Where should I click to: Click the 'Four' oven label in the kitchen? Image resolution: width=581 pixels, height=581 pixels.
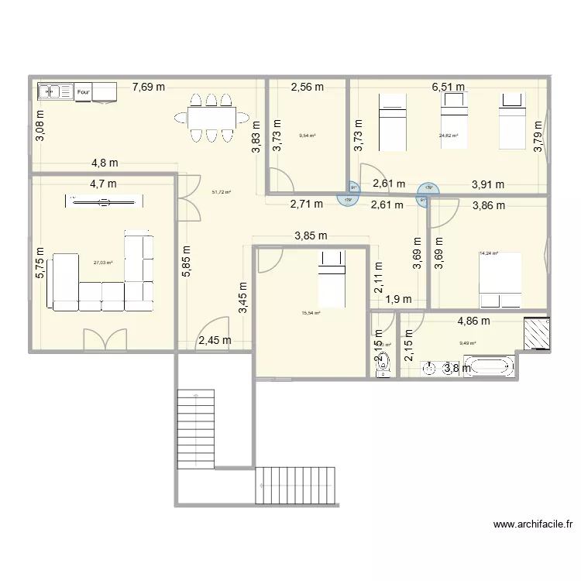pyautogui.click(x=84, y=92)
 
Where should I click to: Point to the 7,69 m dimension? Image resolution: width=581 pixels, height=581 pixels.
pyautogui.click(x=148, y=87)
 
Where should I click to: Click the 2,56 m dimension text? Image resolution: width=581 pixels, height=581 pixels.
pyautogui.click(x=307, y=87)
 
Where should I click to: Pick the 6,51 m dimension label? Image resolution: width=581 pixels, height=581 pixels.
pyautogui.click(x=448, y=87)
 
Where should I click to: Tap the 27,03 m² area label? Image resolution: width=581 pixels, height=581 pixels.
pyautogui.click(x=103, y=263)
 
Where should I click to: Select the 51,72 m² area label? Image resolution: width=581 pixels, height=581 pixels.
pyautogui.click(x=222, y=192)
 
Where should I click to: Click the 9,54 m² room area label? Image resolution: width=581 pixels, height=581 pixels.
pyautogui.click(x=308, y=136)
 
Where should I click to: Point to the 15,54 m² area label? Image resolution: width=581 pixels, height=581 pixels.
pyautogui.click(x=311, y=313)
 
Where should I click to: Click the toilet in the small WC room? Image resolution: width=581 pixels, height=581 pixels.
pyautogui.click(x=383, y=368)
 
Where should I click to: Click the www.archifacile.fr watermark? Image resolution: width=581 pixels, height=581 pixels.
pyautogui.click(x=532, y=524)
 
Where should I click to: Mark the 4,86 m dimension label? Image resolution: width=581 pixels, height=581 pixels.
pyautogui.click(x=473, y=320)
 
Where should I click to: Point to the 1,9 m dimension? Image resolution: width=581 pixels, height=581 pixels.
pyautogui.click(x=397, y=299)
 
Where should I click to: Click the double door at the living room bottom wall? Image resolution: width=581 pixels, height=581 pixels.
pyautogui.click(x=105, y=339)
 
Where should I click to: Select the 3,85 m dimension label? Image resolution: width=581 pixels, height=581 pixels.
pyautogui.click(x=310, y=236)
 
